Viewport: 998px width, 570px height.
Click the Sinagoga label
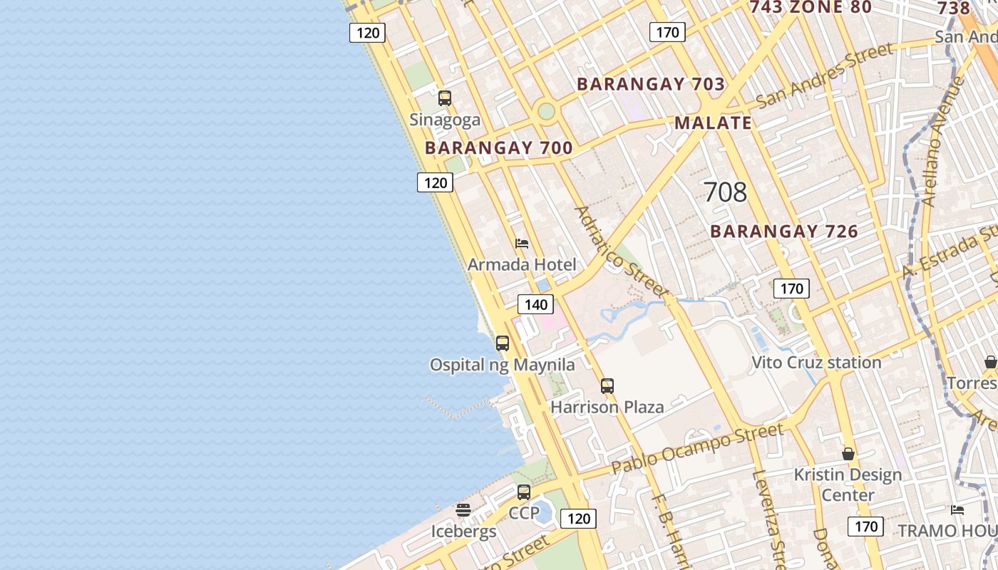tap(445, 120)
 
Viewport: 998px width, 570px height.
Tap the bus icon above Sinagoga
tap(445, 98)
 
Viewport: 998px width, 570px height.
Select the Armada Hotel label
tap(522, 265)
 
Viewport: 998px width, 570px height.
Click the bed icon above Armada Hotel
tap(522, 244)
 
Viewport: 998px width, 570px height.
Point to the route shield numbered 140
tap(535, 305)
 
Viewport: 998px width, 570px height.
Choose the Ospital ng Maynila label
tap(502, 366)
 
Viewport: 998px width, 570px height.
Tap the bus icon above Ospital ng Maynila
tap(503, 343)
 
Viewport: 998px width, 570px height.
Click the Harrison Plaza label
tap(607, 408)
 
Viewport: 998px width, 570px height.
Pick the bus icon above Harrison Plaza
tap(607, 386)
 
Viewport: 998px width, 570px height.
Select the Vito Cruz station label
tap(816, 363)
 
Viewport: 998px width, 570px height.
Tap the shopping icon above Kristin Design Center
tap(848, 454)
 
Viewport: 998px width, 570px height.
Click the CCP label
tap(524, 513)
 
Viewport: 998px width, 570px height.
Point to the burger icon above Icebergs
tap(463, 510)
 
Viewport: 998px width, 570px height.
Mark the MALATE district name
tap(713, 123)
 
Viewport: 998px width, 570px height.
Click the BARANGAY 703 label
tap(651, 84)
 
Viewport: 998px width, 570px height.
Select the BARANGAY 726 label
tap(784, 232)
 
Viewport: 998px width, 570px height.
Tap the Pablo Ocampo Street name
tap(698, 449)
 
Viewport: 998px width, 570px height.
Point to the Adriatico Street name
tap(621, 252)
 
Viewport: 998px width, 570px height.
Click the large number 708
tap(725, 192)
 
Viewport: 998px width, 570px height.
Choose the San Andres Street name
tap(824, 75)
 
